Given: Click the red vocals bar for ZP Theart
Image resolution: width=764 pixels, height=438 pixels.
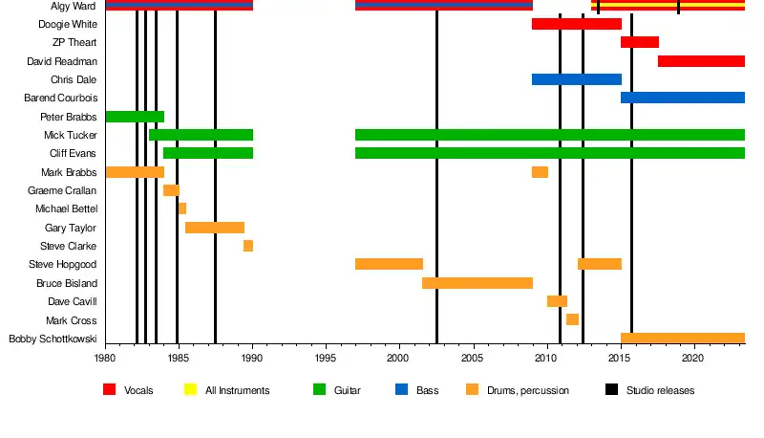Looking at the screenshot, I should point(640,42).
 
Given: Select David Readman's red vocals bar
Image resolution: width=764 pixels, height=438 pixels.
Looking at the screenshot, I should point(701,61).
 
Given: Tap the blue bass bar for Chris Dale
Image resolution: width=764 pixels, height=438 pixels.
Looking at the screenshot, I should point(576,79).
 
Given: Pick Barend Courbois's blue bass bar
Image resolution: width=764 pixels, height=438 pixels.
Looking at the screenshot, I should point(683,98).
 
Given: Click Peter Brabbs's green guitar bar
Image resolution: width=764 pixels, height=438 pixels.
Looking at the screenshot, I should point(135,117).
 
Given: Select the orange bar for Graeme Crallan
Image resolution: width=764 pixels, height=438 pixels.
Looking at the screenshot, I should point(171,190).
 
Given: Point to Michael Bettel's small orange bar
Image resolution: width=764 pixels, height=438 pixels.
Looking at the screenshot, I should point(182,208).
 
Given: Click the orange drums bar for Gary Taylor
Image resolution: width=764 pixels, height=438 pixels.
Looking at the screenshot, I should point(215,228).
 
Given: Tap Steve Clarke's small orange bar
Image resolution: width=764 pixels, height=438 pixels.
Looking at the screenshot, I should point(248,246).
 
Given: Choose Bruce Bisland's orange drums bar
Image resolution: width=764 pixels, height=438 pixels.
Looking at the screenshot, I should point(477,283).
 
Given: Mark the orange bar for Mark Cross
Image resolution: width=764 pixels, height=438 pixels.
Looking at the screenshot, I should point(572,319).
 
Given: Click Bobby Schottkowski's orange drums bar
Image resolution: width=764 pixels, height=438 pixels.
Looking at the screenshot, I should point(683,339).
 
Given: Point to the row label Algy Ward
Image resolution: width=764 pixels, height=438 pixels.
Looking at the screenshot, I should point(74,6).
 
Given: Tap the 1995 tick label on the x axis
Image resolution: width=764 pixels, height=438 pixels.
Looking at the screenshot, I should point(327,359).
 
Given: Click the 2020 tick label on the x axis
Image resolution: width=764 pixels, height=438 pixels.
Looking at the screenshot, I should point(693,359).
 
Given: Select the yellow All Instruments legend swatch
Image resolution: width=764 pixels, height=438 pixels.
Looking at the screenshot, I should point(190,390).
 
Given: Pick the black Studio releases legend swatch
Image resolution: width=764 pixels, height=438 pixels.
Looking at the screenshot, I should point(612,390).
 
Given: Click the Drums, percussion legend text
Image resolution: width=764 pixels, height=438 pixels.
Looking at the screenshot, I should point(527,390).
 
